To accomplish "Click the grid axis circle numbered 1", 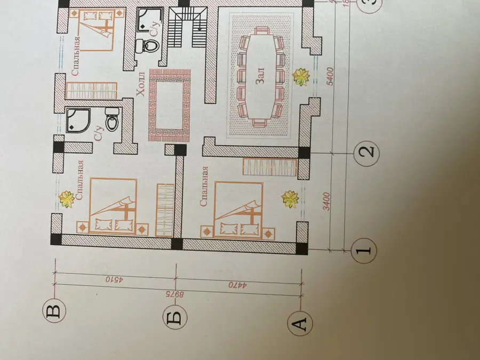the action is click(364, 251).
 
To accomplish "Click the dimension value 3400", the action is click(327, 201).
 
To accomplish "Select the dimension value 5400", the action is click(330, 76).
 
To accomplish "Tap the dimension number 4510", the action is click(114, 279).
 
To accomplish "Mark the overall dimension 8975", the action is click(175, 294).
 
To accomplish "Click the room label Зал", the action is click(259, 76).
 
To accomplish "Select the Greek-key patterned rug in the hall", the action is click(170, 105).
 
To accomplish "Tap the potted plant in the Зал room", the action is click(301, 77).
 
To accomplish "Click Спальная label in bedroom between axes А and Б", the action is click(204, 186).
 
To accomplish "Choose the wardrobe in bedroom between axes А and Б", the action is click(270, 167).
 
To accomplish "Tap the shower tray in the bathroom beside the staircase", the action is click(148, 20).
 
